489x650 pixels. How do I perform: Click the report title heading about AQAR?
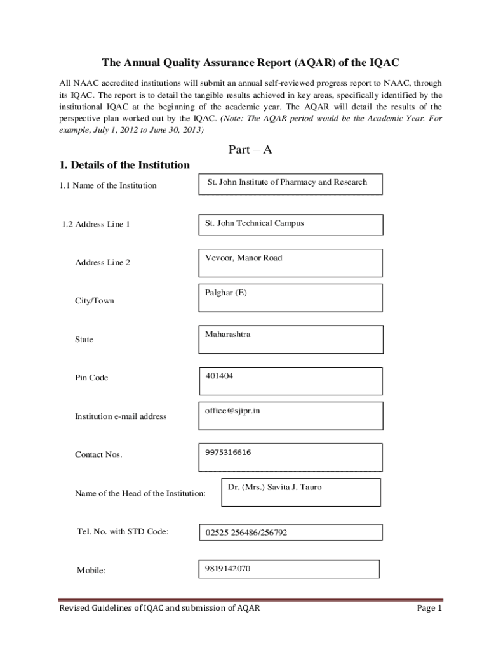pos(251,63)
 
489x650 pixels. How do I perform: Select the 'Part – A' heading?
pos(250,150)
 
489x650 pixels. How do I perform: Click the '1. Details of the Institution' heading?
pos(124,165)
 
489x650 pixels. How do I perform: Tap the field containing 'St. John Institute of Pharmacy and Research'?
pos(287,182)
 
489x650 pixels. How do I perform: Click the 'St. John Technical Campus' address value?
pos(254,223)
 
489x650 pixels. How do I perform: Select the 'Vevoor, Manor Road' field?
pos(243,258)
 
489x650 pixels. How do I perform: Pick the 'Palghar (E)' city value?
pos(225,293)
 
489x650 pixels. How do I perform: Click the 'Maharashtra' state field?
pos(227,334)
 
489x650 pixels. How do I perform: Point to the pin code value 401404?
pos(219,376)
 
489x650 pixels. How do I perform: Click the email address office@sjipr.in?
pos(232,411)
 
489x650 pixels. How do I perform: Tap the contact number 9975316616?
pos(228,453)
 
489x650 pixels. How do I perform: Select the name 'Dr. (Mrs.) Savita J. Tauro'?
pos(274,487)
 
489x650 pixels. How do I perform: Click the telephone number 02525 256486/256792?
pos(246,533)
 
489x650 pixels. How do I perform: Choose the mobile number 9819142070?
pos(228,569)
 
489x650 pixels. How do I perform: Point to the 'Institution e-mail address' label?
pos(121,416)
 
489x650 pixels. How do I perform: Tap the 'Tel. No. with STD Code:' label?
pos(123,532)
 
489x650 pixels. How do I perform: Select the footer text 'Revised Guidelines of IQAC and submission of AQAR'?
pos(159,609)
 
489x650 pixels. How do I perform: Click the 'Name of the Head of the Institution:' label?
pos(140,493)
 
